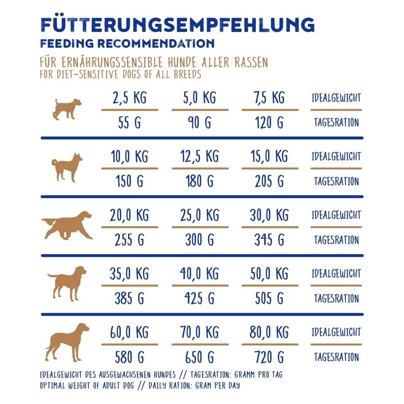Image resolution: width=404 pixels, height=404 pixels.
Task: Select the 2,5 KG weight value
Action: tap(129, 98)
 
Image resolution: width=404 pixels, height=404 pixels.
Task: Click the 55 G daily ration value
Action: tap(129, 123)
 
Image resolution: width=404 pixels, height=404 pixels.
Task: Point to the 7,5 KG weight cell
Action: tap(269, 98)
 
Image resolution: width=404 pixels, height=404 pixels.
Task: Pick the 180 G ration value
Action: tap(199, 181)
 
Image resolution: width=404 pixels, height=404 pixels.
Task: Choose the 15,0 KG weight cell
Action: tap(269, 157)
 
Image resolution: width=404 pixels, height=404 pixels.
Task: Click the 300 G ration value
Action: tap(199, 240)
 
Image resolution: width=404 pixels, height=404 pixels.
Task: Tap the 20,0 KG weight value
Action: tap(129, 215)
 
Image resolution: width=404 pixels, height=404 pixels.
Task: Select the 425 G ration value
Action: tap(199, 298)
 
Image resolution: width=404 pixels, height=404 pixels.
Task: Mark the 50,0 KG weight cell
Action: tap(269, 274)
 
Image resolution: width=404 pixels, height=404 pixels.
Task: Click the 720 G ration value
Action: tap(269, 357)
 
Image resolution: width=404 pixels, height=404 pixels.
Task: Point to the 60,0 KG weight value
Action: tap(129, 332)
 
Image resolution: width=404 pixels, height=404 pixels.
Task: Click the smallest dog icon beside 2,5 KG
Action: tap(66, 109)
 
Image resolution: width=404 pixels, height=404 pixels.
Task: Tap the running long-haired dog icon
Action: tap(67, 226)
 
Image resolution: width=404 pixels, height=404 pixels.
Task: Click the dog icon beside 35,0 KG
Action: tap(67, 283)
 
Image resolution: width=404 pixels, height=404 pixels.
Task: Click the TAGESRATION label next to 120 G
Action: tap(336, 123)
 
